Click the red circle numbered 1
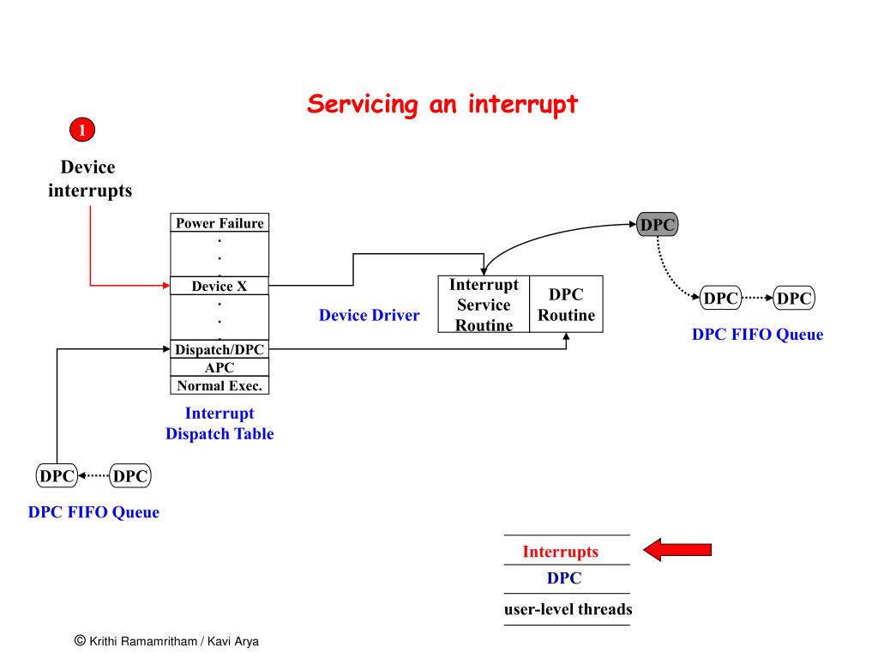click(x=82, y=130)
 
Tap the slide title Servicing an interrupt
click(x=442, y=105)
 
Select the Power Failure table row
click(x=219, y=223)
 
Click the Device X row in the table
click(x=219, y=286)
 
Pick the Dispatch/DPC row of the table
click(x=219, y=349)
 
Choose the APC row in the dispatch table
click(x=219, y=367)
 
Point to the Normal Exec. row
click(x=219, y=385)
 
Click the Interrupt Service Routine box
click(x=484, y=305)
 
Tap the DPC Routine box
click(x=566, y=305)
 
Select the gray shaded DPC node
click(x=658, y=225)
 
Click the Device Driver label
click(x=369, y=316)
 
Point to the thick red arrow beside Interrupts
click(x=677, y=550)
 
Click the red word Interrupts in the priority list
click(x=561, y=552)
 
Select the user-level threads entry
click(x=568, y=609)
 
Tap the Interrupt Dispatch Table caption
click(x=219, y=424)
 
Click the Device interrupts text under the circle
click(x=89, y=178)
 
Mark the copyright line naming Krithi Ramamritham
click(x=166, y=641)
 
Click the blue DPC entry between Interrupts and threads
click(x=564, y=578)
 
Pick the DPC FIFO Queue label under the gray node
click(x=758, y=335)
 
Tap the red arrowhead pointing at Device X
click(x=166, y=286)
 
